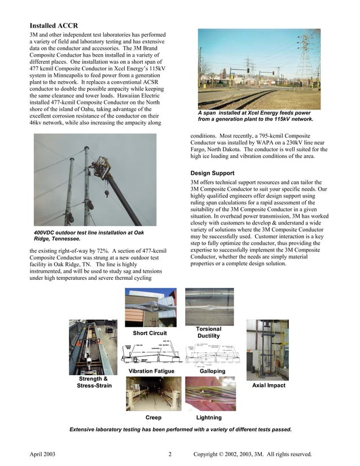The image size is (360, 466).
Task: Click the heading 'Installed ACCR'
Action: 54,26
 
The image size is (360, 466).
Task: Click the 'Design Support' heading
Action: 216,172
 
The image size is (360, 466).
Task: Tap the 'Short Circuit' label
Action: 150,333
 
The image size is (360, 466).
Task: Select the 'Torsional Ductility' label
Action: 208,332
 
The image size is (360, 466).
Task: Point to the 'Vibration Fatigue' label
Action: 151,371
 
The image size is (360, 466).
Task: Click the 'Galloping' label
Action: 212,371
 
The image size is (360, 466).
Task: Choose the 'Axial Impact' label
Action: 268,385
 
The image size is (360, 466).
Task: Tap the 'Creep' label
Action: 153,417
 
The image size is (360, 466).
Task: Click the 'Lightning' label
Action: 208,417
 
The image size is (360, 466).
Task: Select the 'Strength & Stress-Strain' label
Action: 94,382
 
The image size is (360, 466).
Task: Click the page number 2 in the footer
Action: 169,454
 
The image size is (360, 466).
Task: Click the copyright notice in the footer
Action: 252,454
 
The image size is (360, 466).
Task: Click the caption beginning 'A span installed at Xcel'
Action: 254,116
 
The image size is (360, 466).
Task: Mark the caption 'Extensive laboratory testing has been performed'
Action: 181,429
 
